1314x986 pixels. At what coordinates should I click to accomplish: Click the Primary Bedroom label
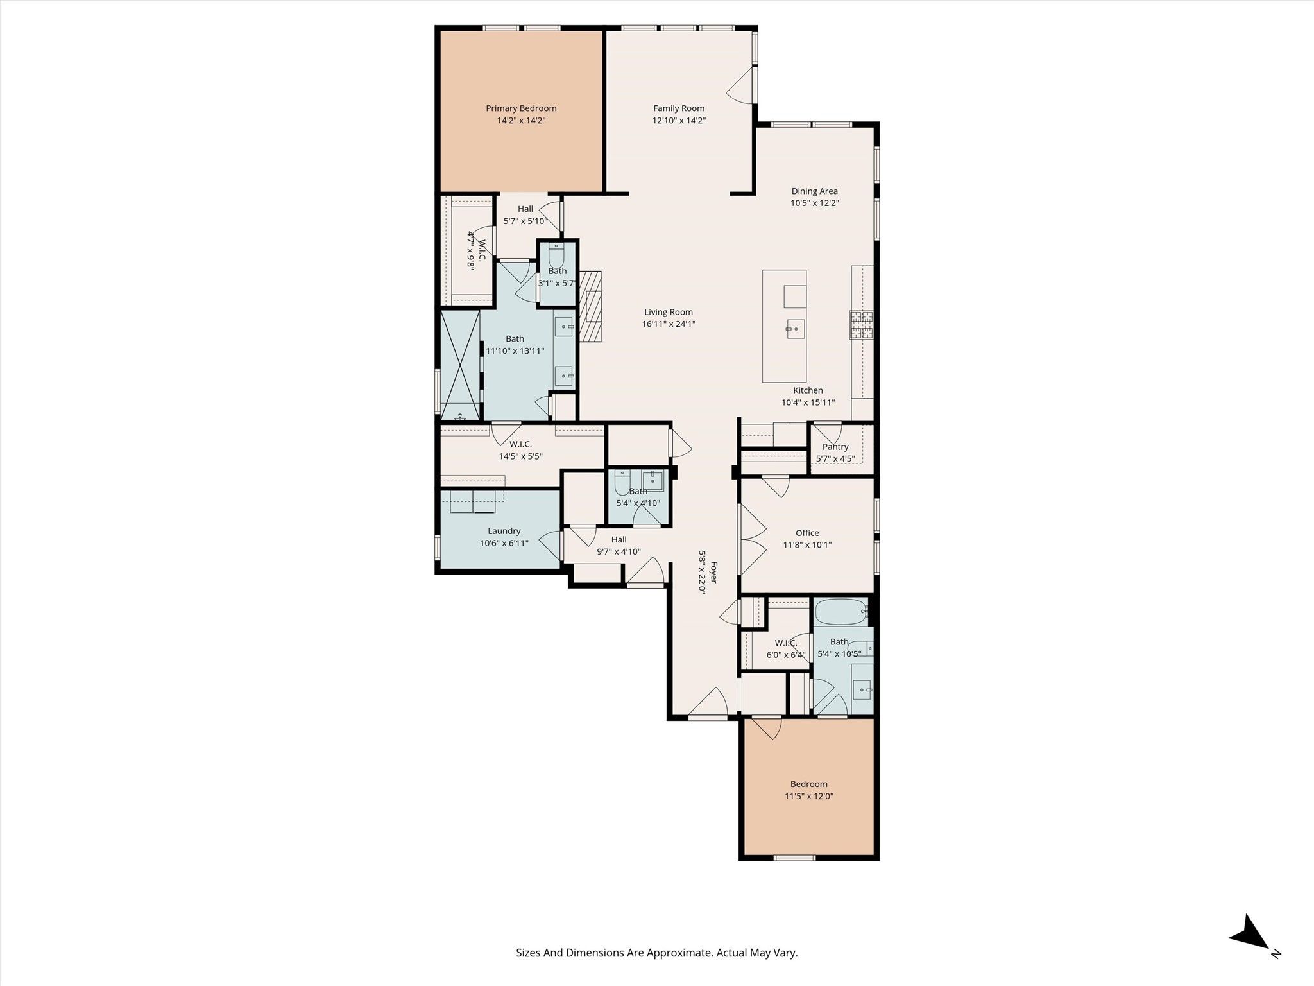pos(521,108)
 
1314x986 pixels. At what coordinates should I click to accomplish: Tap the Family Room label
pos(679,108)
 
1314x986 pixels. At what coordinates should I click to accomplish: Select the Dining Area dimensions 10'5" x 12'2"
pos(815,203)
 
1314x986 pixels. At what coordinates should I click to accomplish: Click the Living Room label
pos(669,313)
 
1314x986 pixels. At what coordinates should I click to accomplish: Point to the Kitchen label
pos(808,390)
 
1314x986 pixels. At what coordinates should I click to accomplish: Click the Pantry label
pos(835,447)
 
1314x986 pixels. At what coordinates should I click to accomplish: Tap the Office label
pos(807,533)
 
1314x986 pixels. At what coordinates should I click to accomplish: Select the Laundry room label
pos(504,531)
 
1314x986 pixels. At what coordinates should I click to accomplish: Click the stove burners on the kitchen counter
pos(862,324)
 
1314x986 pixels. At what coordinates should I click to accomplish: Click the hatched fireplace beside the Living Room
pos(591,306)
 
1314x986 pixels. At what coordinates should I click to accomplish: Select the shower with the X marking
pos(460,365)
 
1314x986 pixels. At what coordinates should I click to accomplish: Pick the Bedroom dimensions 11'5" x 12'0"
pos(809,796)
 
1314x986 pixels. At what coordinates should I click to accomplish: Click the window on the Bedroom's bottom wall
pos(794,858)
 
